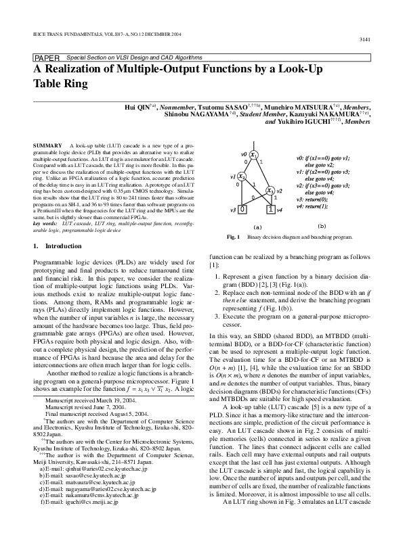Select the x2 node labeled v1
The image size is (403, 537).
pos(242,177)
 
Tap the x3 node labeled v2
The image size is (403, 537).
pos(270,191)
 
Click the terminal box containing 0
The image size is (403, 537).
pos(242,209)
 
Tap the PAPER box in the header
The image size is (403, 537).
pos(47,59)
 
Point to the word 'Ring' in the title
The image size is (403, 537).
pos(73,84)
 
